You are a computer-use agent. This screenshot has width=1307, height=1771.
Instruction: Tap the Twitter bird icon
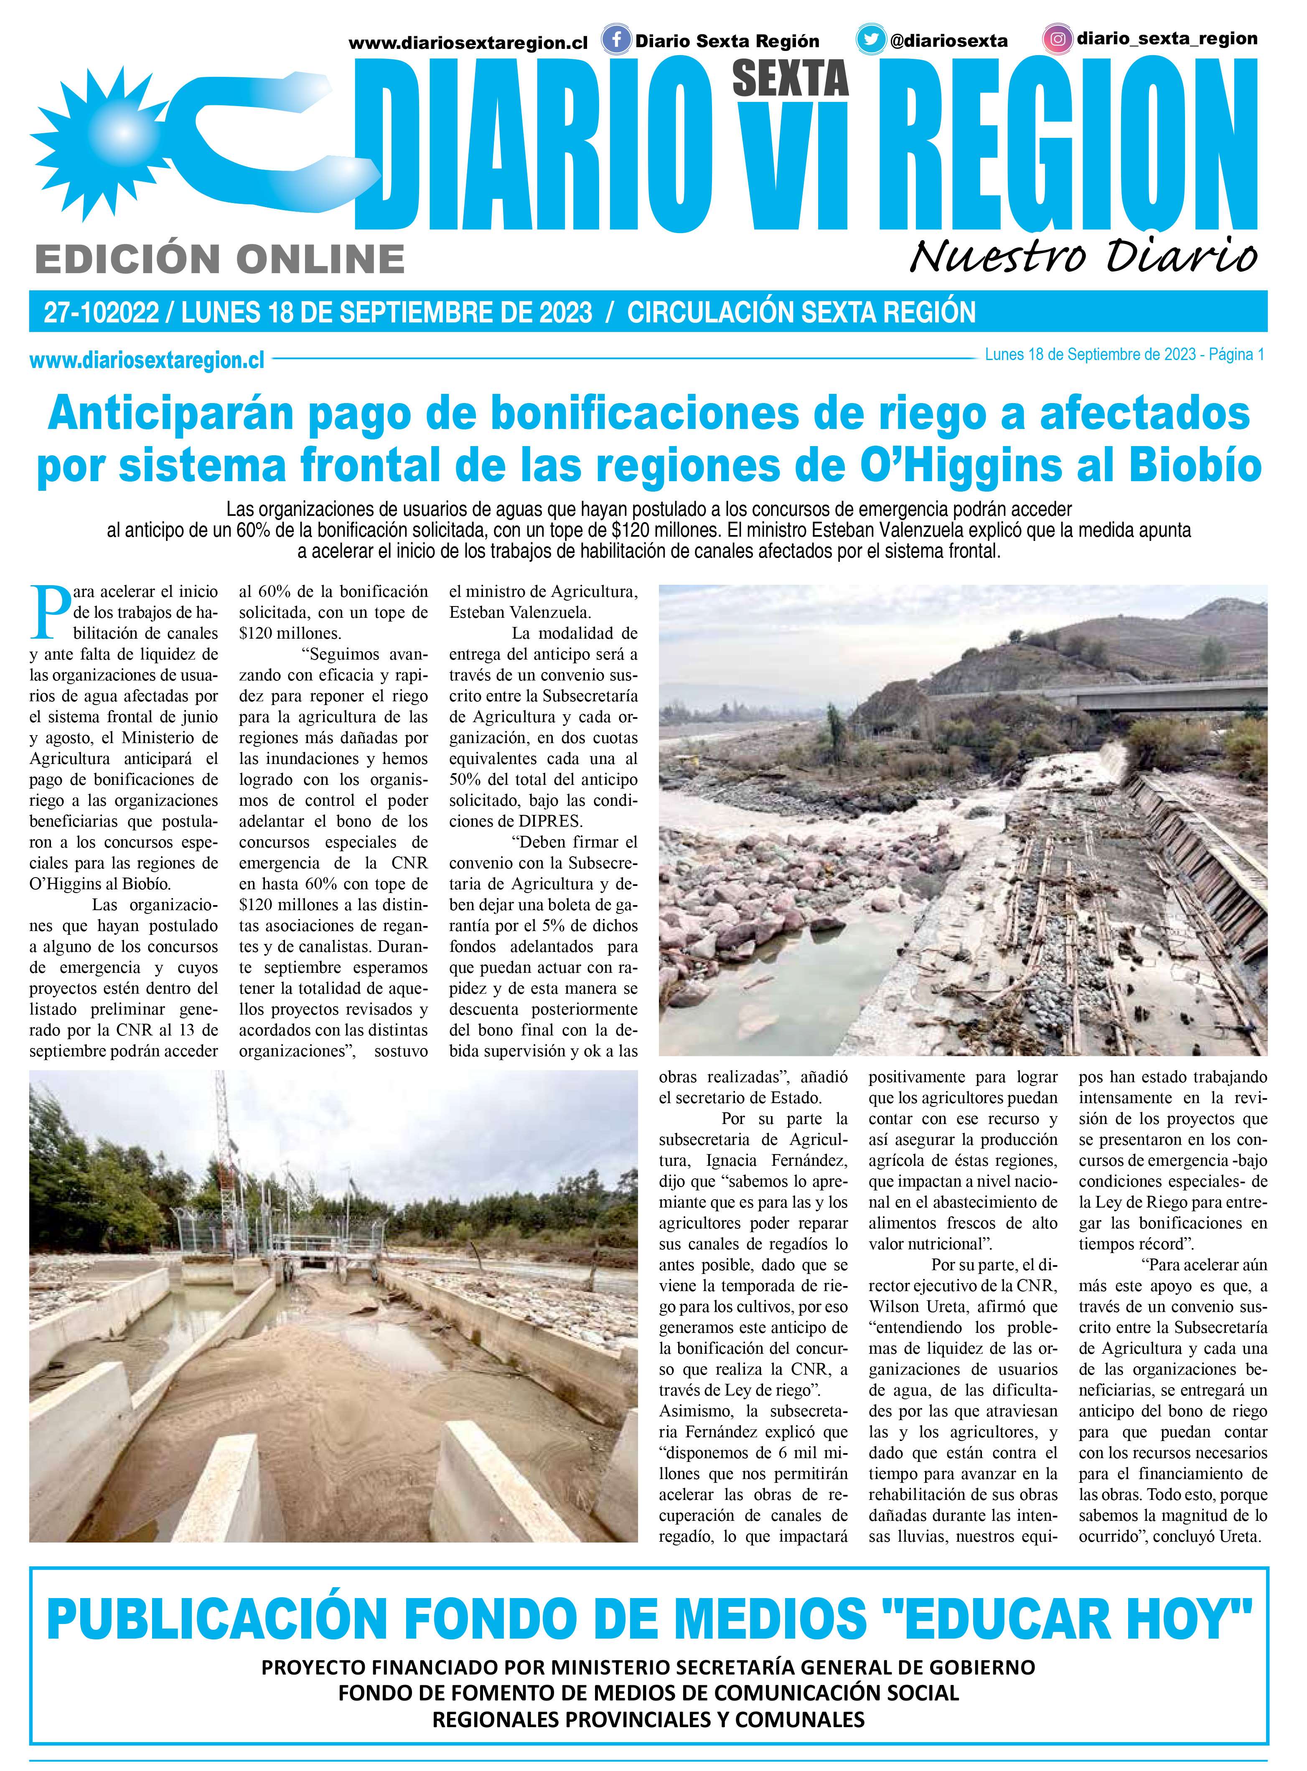coord(871,40)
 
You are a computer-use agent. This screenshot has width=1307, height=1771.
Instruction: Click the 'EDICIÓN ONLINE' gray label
coord(220,259)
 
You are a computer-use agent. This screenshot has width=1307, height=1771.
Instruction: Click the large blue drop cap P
coord(49,611)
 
